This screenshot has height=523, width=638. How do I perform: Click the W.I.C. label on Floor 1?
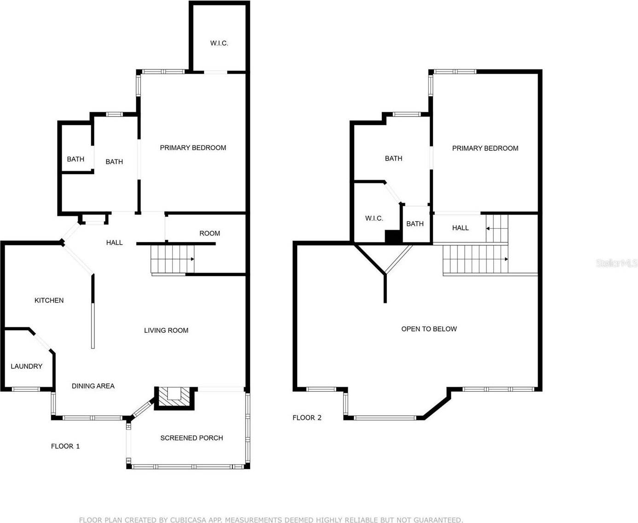click(x=219, y=43)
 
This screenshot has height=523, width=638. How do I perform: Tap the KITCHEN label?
click(x=49, y=301)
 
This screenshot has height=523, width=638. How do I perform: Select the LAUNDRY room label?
click(x=26, y=366)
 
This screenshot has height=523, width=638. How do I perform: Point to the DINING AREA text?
click(x=93, y=386)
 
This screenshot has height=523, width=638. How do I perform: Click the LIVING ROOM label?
click(x=166, y=331)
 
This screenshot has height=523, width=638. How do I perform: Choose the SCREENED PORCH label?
click(x=192, y=438)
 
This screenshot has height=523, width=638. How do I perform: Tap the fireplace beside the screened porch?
click(x=175, y=396)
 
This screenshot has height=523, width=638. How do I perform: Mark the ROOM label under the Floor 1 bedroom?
click(x=210, y=233)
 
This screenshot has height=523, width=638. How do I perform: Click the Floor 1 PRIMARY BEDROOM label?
click(x=193, y=148)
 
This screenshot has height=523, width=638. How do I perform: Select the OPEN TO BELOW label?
click(x=429, y=329)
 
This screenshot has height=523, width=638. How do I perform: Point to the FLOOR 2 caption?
click(x=307, y=418)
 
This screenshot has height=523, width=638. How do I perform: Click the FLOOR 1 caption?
click(x=65, y=447)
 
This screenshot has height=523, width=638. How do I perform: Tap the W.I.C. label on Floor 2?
click(x=374, y=219)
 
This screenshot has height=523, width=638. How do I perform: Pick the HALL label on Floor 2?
click(x=460, y=228)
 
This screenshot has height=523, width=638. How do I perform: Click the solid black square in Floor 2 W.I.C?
click(x=393, y=237)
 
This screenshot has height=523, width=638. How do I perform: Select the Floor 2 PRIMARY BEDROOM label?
click(x=485, y=148)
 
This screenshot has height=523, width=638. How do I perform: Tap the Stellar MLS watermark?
click(x=617, y=263)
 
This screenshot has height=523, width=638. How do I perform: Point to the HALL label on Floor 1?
click(x=114, y=243)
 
